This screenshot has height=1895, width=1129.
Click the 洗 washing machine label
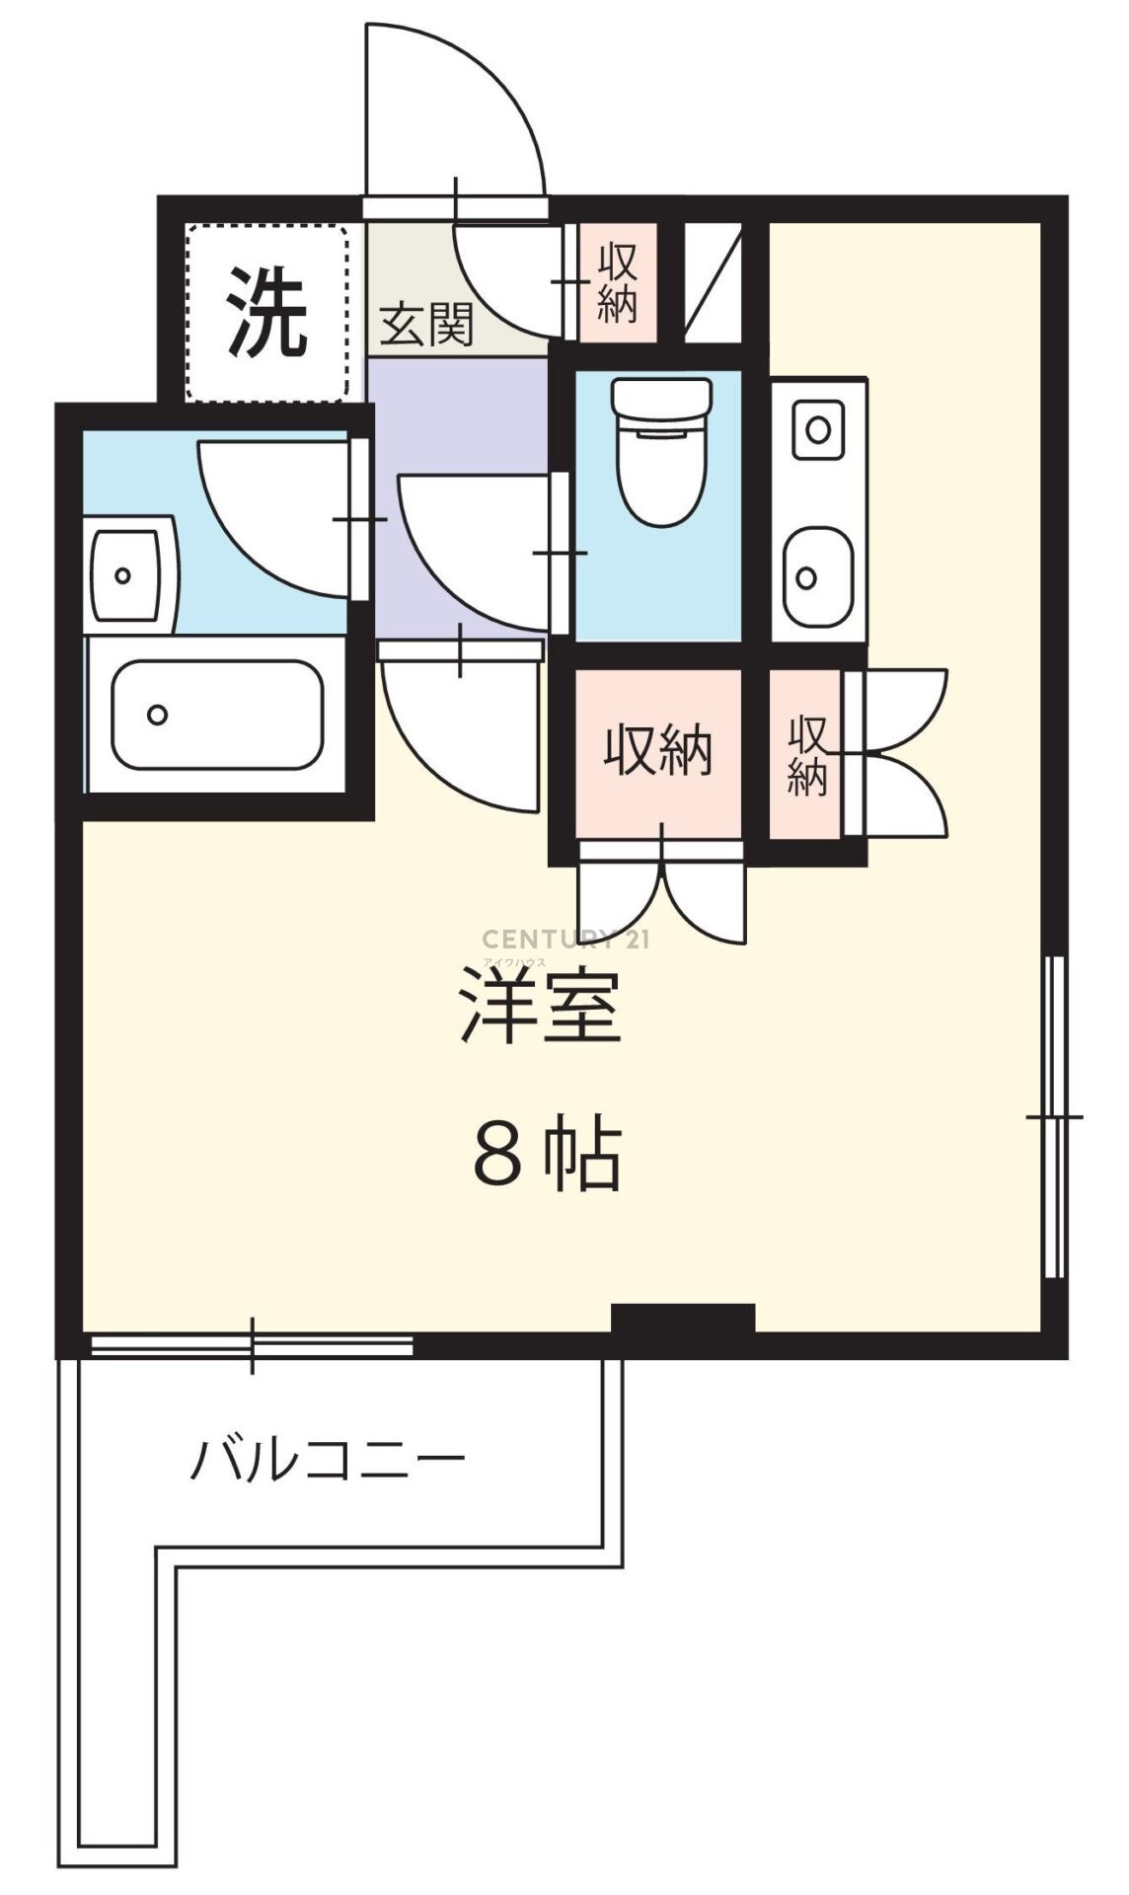coord(267,312)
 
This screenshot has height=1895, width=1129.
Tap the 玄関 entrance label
coord(427,324)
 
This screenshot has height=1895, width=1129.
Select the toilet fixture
coord(661,452)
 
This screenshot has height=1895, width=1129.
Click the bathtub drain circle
coord(158,715)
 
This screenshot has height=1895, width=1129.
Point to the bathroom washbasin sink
coord(125,575)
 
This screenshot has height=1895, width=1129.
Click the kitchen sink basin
coord(817,577)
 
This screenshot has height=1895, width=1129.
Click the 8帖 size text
coord(547,1153)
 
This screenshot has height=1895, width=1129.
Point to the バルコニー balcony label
coord(327,1462)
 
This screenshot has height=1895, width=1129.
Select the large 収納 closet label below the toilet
coord(658,753)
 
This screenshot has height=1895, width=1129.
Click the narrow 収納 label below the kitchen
coord(807,756)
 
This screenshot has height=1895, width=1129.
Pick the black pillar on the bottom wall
coord(683,1319)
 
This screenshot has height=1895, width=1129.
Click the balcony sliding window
coord(252,1344)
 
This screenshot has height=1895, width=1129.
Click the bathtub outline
coord(217,715)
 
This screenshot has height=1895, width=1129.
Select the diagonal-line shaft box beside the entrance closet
coord(712,283)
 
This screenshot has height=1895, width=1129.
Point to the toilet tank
coord(661,401)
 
